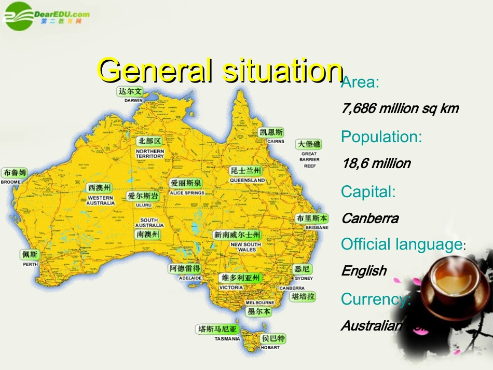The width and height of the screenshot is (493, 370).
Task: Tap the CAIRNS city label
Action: click(x=275, y=141)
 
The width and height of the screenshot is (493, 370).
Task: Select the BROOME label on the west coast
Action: click(x=11, y=182)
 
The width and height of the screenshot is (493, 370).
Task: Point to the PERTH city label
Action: click(x=30, y=264)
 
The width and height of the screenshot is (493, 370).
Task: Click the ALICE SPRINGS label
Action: click(x=187, y=193)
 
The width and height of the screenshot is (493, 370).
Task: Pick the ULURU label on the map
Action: click(x=143, y=205)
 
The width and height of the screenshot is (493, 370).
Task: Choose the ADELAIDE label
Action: click(x=190, y=278)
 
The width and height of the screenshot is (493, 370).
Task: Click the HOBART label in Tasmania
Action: click(x=270, y=347)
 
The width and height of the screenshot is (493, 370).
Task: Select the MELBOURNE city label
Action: click(x=260, y=302)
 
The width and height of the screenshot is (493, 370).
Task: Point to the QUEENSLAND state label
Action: click(x=247, y=180)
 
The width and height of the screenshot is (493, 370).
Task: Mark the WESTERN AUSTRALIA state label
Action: click(x=101, y=200)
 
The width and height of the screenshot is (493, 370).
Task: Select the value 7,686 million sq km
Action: click(x=400, y=108)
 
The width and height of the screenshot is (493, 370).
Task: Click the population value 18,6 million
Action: click(x=376, y=163)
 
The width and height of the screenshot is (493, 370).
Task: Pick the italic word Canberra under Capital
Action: click(x=370, y=218)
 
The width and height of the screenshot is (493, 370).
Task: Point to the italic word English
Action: click(x=364, y=270)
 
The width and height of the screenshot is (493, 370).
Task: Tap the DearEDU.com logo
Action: click(x=46, y=16)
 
